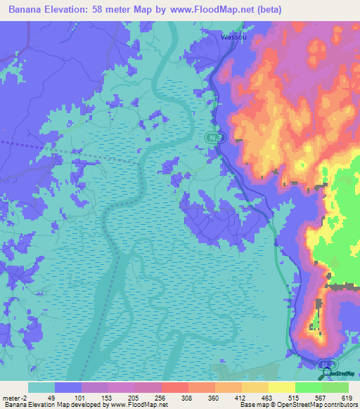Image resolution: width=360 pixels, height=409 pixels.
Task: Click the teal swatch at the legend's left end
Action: coord(41,387)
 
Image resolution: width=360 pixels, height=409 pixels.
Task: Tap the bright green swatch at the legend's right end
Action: coord(335,387)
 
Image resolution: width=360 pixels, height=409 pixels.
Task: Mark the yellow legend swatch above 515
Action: coord(282,387)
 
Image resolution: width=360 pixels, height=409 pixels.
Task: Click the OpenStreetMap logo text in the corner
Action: coord(339,375)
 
